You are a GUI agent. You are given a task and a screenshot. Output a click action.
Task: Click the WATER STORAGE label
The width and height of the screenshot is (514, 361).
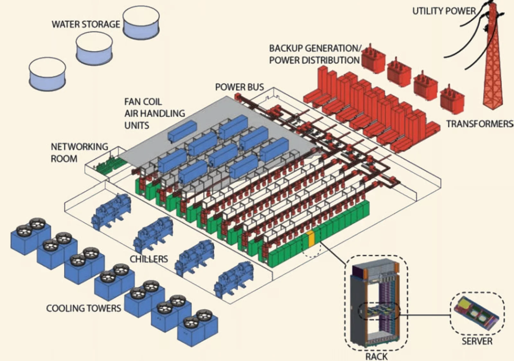tap(86, 24)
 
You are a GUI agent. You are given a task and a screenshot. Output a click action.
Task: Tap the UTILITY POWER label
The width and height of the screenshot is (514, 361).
tap(444, 11)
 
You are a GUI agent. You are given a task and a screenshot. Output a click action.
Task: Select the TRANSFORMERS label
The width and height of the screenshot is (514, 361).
tap(479, 124)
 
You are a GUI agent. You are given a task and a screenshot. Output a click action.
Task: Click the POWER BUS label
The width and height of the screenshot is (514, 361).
tap(239, 87)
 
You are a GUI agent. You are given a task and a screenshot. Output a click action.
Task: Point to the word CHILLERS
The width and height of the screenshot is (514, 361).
tap(149, 259)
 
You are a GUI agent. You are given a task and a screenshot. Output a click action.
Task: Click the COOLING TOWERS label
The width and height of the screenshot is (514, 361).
tap(84, 308)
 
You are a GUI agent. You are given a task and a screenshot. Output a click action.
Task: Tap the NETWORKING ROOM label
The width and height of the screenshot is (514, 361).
tap(79, 153)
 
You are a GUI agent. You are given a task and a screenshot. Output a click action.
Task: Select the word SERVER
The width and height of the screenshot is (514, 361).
tap(477, 341)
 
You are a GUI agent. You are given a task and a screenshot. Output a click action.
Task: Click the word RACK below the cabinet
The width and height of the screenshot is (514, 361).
tap(376, 356)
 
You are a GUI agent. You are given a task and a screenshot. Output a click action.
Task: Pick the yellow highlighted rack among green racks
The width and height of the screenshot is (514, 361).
tap(311, 239)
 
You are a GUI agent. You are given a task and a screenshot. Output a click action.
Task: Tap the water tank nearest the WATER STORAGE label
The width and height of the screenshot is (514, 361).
tap(141, 22)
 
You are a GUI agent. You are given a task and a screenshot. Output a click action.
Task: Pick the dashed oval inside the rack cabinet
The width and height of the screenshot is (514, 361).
tap(379, 311)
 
